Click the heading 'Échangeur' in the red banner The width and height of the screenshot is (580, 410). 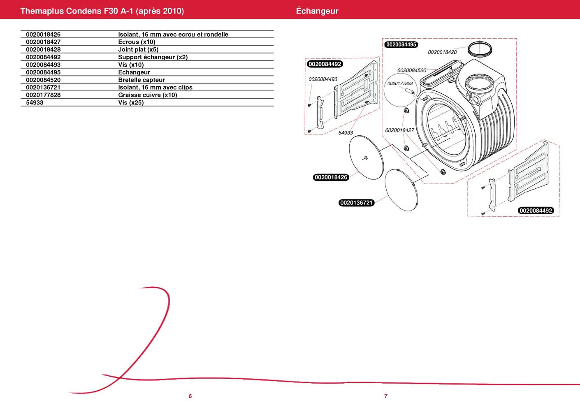[317, 11]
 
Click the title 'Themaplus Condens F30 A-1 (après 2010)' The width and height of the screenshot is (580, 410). [102, 11]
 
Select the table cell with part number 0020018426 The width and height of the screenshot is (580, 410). [43, 35]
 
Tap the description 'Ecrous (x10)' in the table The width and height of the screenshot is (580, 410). [137, 42]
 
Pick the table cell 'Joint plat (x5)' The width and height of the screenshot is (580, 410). [138, 49]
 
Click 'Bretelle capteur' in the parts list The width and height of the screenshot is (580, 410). [142, 80]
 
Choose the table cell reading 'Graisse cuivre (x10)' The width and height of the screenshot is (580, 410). [147, 95]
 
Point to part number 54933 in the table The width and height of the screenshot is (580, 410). [35, 102]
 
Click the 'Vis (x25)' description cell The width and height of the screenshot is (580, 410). [131, 102]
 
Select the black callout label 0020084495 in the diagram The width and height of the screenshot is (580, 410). [401, 44]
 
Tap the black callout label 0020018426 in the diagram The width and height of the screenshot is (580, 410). [331, 177]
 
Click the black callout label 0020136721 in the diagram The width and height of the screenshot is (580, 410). [356, 203]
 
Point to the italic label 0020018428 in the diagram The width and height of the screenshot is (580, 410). [442, 52]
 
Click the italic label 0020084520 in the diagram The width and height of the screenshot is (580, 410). [412, 70]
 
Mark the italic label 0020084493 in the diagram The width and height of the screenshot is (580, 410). [323, 79]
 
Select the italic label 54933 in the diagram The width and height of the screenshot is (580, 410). [346, 132]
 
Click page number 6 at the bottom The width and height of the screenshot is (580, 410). [190, 396]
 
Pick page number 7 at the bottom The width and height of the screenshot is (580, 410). [386, 396]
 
